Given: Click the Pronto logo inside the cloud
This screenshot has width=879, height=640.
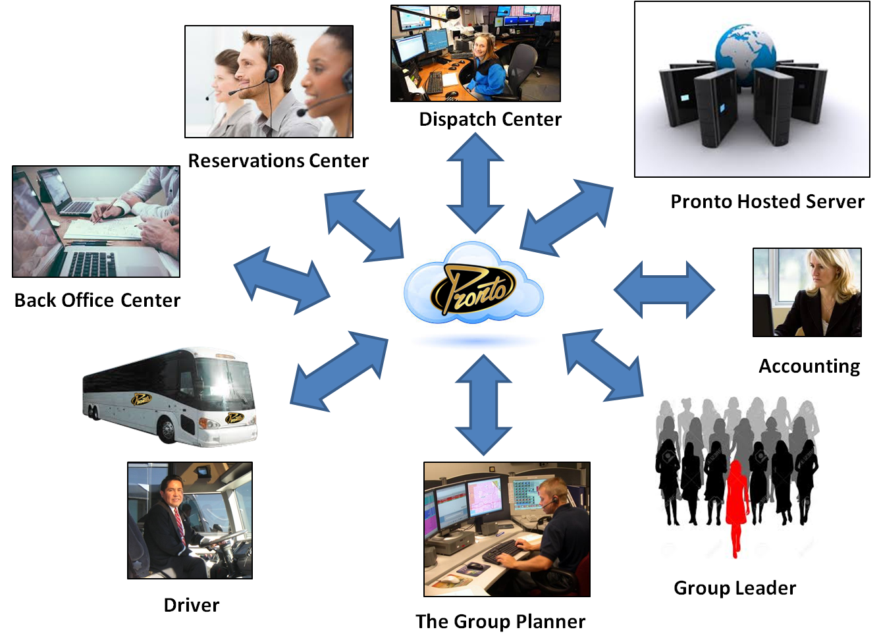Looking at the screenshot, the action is coord(473,289).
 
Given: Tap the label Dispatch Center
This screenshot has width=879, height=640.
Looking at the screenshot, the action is coord(490,119).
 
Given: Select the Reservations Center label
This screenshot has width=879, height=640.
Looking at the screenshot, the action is coord(279,161).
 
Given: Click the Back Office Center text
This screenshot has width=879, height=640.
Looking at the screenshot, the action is coord(97,300).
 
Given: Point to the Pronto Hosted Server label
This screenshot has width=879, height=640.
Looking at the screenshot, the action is coord(767,201).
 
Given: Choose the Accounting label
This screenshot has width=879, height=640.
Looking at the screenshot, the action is coord(809,367).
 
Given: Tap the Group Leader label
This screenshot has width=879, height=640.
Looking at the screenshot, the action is coord(735,588).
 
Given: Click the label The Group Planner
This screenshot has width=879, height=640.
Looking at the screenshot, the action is coord(500,622).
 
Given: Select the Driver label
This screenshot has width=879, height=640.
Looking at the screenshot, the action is coord(192,605).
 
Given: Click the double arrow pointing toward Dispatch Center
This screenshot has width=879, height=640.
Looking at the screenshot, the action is coord(475,183).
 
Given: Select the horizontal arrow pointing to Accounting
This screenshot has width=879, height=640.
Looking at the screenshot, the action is coord(664,290).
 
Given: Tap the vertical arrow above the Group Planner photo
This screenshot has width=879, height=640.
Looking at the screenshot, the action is coord(483,405).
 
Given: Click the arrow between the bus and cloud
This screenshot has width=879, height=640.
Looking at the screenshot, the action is coord(339,371).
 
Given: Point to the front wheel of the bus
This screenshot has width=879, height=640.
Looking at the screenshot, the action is coord(167,430).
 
